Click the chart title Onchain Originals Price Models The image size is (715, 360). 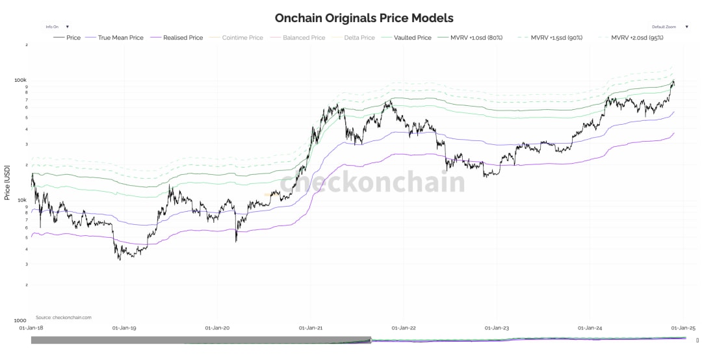364,18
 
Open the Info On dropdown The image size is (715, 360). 57,27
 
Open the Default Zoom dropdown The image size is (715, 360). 669,27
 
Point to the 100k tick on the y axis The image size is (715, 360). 20,80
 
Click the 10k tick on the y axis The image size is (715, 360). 21,200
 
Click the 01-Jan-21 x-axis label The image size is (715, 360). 311,328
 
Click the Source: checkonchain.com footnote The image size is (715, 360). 64,317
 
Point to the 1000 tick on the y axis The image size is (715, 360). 21,321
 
